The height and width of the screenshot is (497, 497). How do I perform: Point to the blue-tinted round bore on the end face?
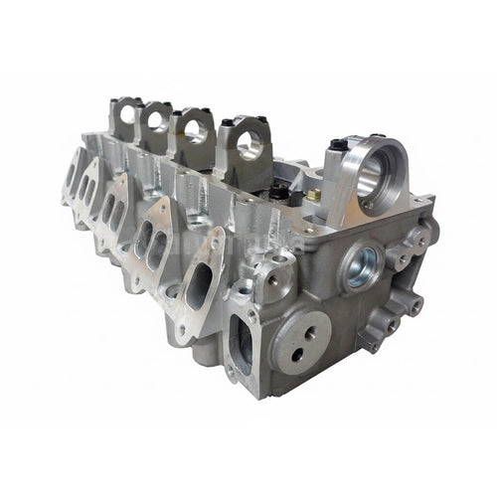pyautogui.click(x=361, y=266)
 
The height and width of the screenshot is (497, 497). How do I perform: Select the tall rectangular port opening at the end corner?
pyautogui.click(x=242, y=344)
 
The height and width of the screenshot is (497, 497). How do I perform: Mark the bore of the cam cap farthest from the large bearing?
pyautogui.click(x=128, y=114)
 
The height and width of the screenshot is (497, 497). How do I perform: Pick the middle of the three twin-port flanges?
pyautogui.click(x=112, y=211)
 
